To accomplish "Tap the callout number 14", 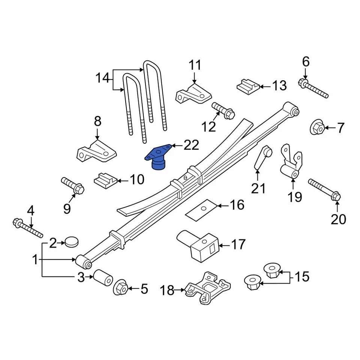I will click(x=102, y=78).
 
